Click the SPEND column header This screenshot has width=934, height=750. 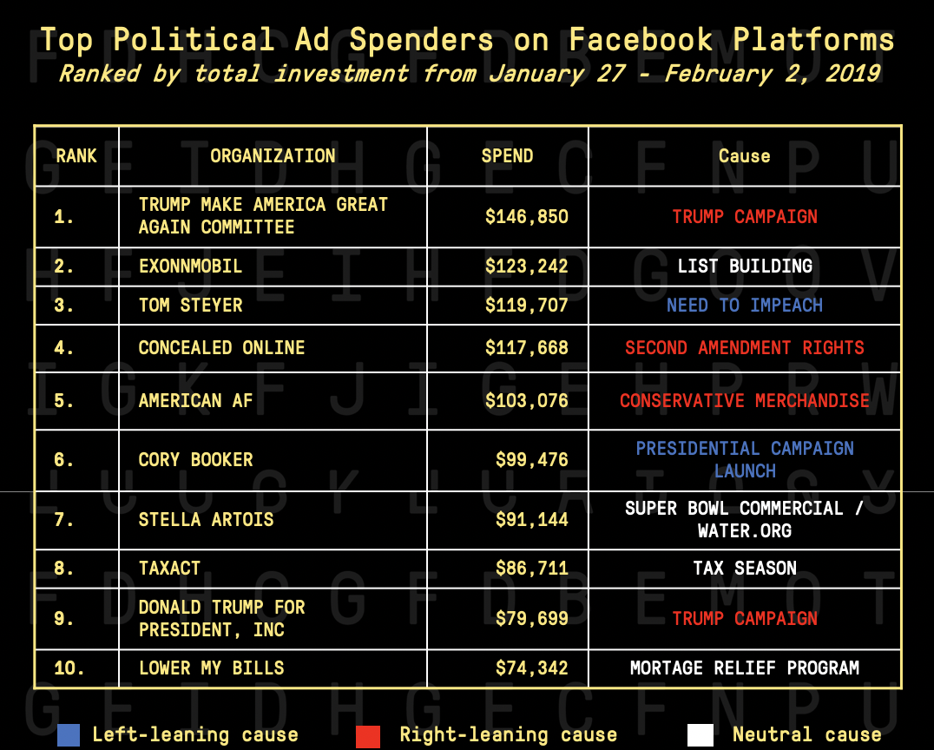507,156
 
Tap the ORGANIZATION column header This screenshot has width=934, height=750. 273,156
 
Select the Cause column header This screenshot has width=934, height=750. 744,156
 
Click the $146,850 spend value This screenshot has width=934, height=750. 526,216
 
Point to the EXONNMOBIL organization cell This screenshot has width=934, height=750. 190,266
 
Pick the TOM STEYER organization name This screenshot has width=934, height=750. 190,305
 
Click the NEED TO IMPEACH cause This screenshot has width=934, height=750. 744,305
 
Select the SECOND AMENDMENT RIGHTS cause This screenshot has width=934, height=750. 744,347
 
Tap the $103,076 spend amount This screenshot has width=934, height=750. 526,400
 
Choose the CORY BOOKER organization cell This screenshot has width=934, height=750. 195,459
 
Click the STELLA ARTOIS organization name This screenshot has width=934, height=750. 206,519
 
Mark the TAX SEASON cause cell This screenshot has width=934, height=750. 744,568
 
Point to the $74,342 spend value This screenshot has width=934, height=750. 531,668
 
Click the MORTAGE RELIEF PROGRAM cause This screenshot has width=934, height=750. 744,668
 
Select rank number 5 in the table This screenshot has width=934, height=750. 63,400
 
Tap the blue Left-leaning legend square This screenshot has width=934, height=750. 69,734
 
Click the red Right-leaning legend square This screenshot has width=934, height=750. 368,734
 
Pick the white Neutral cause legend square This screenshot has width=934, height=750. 700,734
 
